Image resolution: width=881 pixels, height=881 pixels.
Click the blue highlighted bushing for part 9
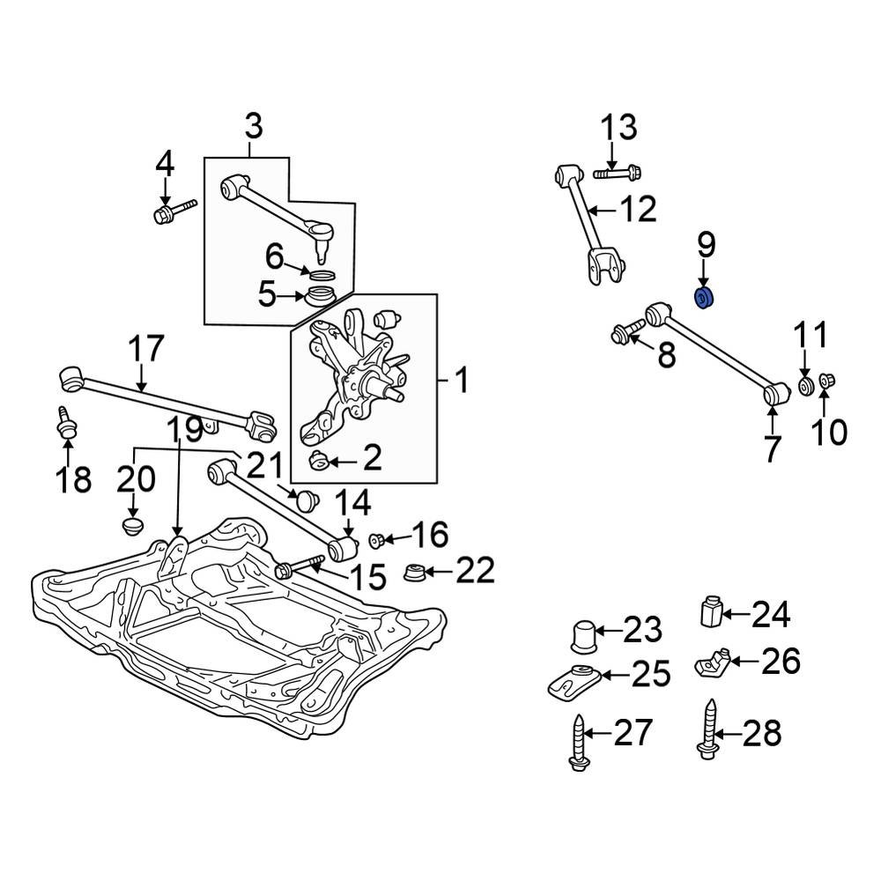[705, 299]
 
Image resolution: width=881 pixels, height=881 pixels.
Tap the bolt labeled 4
[174, 212]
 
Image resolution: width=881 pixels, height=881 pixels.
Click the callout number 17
[146, 350]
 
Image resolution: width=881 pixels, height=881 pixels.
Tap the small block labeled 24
[712, 612]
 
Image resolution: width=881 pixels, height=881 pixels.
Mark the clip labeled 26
[713, 660]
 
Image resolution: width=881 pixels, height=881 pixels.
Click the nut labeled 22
[415, 573]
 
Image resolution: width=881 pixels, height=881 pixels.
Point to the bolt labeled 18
[65, 423]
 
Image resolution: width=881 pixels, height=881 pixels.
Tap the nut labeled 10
[827, 381]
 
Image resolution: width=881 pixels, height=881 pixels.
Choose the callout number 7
[772, 448]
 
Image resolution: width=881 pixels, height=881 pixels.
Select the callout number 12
[636, 210]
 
